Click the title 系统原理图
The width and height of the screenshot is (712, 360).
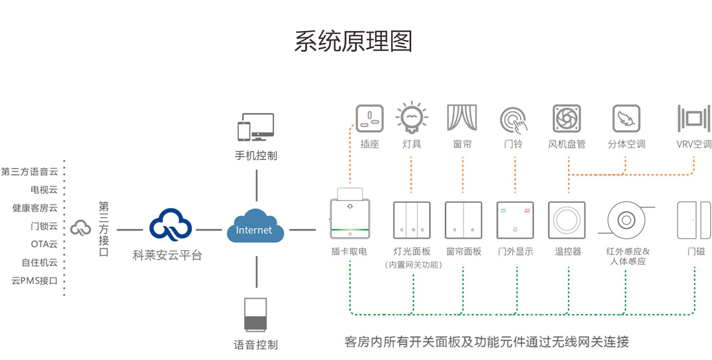354,42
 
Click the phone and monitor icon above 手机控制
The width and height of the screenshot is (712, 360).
256,128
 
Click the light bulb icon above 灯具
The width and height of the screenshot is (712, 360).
411,117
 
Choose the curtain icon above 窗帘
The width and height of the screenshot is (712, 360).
462,118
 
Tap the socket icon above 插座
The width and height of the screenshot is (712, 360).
370,119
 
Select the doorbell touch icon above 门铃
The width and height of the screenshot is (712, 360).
513,119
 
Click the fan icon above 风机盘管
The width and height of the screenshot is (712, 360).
567,118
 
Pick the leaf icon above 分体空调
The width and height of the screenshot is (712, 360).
626,118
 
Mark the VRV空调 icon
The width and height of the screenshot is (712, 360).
694,118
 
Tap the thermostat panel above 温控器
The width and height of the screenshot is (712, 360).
567,220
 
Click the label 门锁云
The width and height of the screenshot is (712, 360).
44,226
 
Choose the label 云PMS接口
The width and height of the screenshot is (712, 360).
34,281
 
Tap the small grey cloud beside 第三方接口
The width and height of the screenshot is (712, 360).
81,227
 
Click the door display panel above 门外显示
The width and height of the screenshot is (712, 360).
514,220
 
